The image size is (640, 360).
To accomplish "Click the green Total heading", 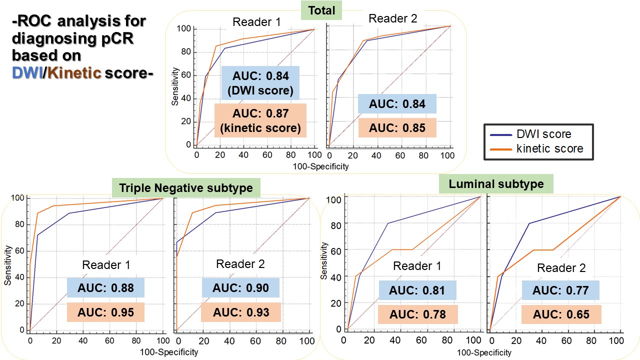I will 321,10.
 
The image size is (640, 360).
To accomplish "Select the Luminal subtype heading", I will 496,184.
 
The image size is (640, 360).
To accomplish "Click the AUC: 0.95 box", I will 105,312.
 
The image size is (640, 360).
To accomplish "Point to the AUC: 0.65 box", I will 561,315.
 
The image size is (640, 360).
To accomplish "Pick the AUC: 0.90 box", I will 241,287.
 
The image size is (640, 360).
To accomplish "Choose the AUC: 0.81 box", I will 417,290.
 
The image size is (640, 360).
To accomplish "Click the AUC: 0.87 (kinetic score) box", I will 260,121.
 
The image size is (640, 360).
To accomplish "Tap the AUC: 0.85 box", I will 397,127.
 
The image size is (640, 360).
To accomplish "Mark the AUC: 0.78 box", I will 417,314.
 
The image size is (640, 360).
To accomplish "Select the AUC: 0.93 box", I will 241,312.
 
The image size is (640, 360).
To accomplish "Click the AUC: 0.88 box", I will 105,287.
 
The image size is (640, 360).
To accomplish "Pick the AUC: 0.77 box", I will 560,290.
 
